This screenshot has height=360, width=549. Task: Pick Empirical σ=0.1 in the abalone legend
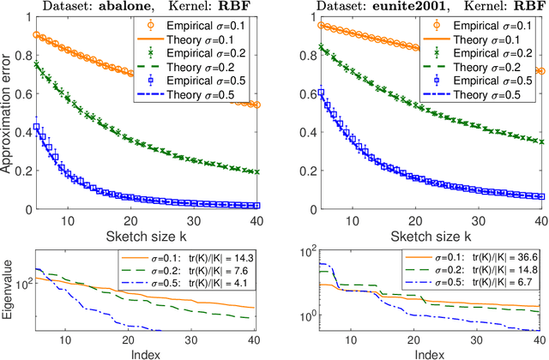[214, 25]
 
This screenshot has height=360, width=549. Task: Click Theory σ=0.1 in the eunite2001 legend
[486, 39]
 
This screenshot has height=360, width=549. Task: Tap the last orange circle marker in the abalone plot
[257, 105]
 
